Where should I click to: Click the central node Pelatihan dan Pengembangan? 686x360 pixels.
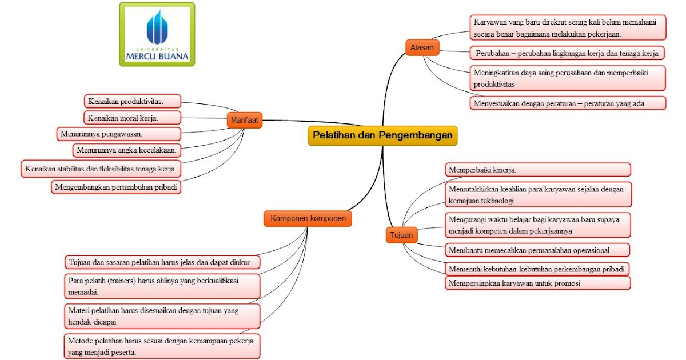pos(382,135)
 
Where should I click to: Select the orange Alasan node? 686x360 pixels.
pos(422,47)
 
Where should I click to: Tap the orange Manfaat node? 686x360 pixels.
pos(245,120)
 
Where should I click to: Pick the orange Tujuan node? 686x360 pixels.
pos(401,235)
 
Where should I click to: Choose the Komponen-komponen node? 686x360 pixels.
pos(308,218)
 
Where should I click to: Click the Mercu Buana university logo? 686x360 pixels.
pos(157,34)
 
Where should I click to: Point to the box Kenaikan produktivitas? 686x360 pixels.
pos(133,101)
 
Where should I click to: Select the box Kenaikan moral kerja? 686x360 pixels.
pos(132,118)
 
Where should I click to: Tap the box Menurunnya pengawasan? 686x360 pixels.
pos(119,134)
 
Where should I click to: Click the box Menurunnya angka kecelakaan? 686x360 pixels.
pos(127,150)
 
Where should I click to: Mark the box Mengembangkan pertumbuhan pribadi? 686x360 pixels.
pos(116,187)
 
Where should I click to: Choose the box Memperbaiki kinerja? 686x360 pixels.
pos(538,170)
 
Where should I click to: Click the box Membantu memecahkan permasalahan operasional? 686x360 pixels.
pos(537,250)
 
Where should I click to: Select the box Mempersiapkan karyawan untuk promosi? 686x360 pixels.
pos(538,283)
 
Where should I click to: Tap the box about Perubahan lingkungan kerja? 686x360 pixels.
pos(567,53)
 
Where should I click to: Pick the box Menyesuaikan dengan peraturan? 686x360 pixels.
pos(568,103)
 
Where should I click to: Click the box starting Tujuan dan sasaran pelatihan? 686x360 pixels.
pos(162,262)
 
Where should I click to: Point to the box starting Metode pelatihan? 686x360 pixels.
pos(162,346)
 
